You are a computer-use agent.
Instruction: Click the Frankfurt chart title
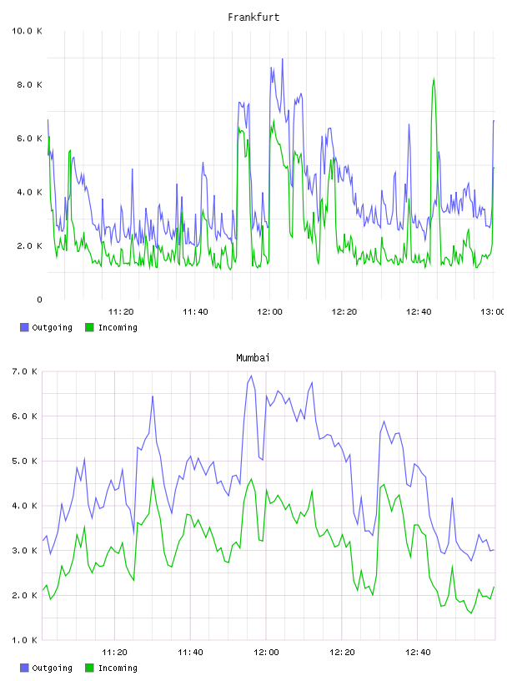click(254, 18)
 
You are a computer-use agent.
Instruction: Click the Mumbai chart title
click(253, 358)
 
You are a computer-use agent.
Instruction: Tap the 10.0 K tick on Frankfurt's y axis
click(27, 31)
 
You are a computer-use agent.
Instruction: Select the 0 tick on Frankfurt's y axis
click(39, 300)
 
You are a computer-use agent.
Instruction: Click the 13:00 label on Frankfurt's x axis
click(492, 312)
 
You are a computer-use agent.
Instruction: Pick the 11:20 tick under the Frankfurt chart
click(121, 312)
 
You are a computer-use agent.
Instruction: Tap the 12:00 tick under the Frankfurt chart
click(269, 312)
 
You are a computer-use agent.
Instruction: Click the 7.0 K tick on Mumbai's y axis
click(24, 371)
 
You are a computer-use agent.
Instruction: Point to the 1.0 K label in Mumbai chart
click(24, 640)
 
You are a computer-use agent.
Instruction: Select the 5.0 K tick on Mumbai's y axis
click(24, 461)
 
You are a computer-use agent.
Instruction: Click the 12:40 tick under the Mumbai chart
click(418, 653)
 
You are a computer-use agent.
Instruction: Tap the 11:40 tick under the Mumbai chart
click(190, 653)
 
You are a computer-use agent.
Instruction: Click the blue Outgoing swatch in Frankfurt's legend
click(24, 327)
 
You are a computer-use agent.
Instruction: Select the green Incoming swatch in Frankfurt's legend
click(89, 327)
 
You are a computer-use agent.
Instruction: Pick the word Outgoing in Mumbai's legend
click(52, 668)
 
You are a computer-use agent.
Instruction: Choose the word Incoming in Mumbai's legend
click(118, 668)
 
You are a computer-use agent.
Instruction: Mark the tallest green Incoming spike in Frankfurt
click(434, 79)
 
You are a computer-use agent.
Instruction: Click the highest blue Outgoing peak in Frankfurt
click(283, 59)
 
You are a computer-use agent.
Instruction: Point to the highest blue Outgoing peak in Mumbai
click(251, 376)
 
